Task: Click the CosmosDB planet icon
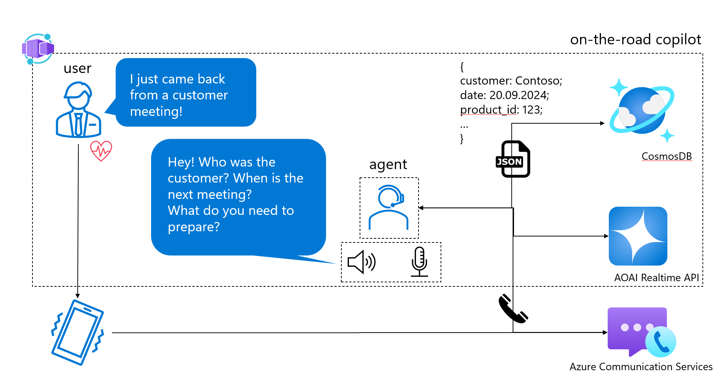point(642,111)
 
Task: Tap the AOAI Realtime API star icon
point(638,236)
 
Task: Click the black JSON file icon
point(513,159)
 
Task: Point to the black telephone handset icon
point(513,309)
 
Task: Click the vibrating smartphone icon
point(78,332)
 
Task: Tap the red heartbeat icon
point(101,151)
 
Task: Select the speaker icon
point(361,262)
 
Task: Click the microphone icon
point(419,262)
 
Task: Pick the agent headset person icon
point(389,207)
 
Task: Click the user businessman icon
point(78,109)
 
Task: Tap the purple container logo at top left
point(38,49)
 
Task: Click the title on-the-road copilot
point(636,39)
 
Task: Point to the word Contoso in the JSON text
point(539,81)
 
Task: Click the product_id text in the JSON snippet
point(489,110)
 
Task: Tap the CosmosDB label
point(667,156)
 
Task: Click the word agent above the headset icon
point(388,165)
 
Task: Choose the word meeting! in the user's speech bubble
point(156,112)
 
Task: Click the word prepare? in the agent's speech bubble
point(194,227)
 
